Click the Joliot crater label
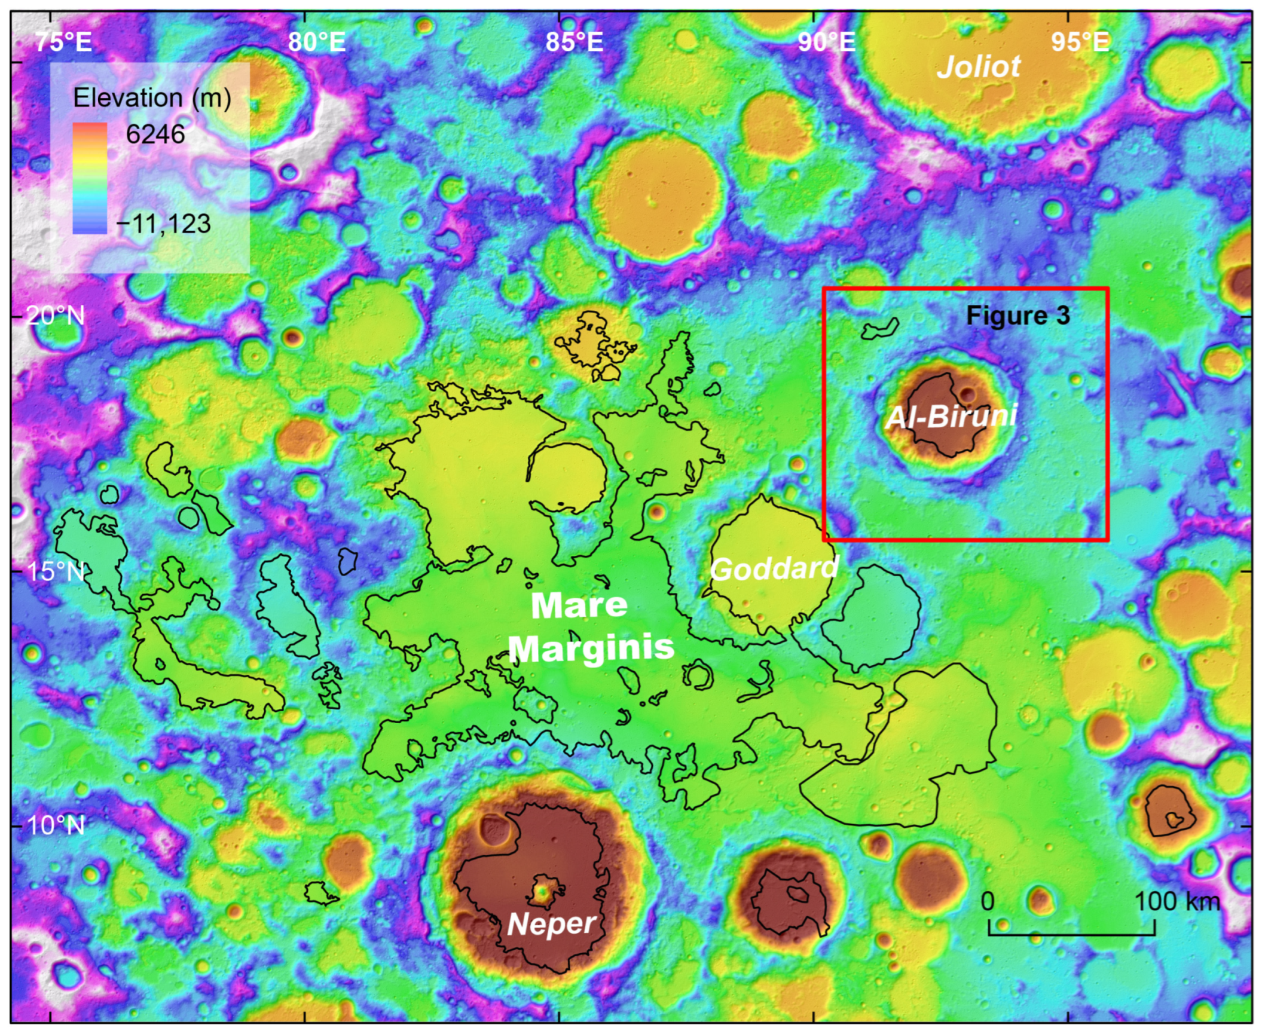tap(979, 67)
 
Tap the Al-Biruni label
tap(951, 416)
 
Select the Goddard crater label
tap(774, 569)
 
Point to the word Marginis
tap(591, 648)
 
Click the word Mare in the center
tap(579, 606)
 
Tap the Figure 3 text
tap(1017, 316)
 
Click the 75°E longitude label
tap(63, 42)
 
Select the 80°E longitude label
tap(317, 42)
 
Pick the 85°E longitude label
tap(574, 42)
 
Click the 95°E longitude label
tap(1080, 42)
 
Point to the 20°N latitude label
tap(56, 316)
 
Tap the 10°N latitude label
tap(56, 825)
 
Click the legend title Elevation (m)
tap(152, 97)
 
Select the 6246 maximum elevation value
tap(155, 134)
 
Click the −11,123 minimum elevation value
tap(163, 224)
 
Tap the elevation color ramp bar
tap(90, 178)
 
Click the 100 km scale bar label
tap(1177, 901)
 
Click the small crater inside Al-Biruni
tap(967, 393)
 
